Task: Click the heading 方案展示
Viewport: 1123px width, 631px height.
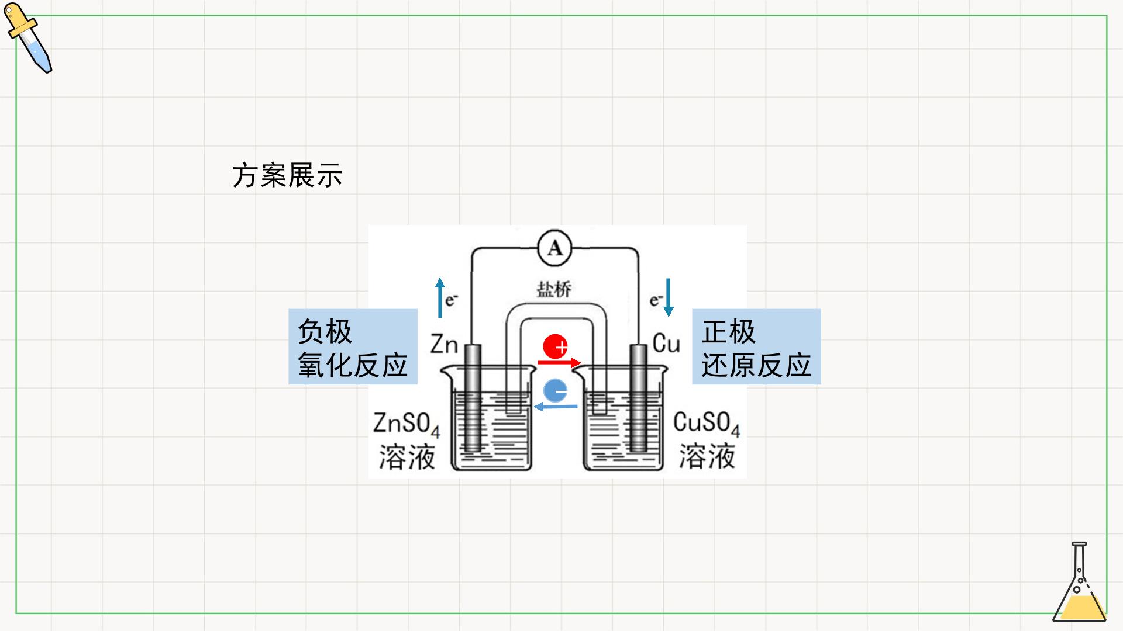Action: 287,175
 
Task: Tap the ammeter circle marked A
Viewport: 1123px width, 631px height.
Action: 554,249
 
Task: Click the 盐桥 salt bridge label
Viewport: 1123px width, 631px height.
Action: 553,289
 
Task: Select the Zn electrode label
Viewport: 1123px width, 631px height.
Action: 444,345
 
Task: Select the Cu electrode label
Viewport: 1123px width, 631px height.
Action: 666,344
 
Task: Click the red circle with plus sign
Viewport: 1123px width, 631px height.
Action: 555,346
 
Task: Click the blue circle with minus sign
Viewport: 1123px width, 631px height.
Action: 555,390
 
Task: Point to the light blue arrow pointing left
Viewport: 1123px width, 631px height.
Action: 556,406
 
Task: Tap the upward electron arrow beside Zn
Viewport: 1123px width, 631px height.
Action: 440,298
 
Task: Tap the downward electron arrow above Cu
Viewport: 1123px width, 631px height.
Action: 669,298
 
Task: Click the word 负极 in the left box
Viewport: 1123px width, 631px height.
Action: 325,332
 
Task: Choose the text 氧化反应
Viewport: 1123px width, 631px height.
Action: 353,365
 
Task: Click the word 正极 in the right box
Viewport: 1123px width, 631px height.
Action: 729,332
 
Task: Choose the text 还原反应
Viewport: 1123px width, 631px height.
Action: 756,365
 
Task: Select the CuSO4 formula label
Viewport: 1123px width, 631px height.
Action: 707,424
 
